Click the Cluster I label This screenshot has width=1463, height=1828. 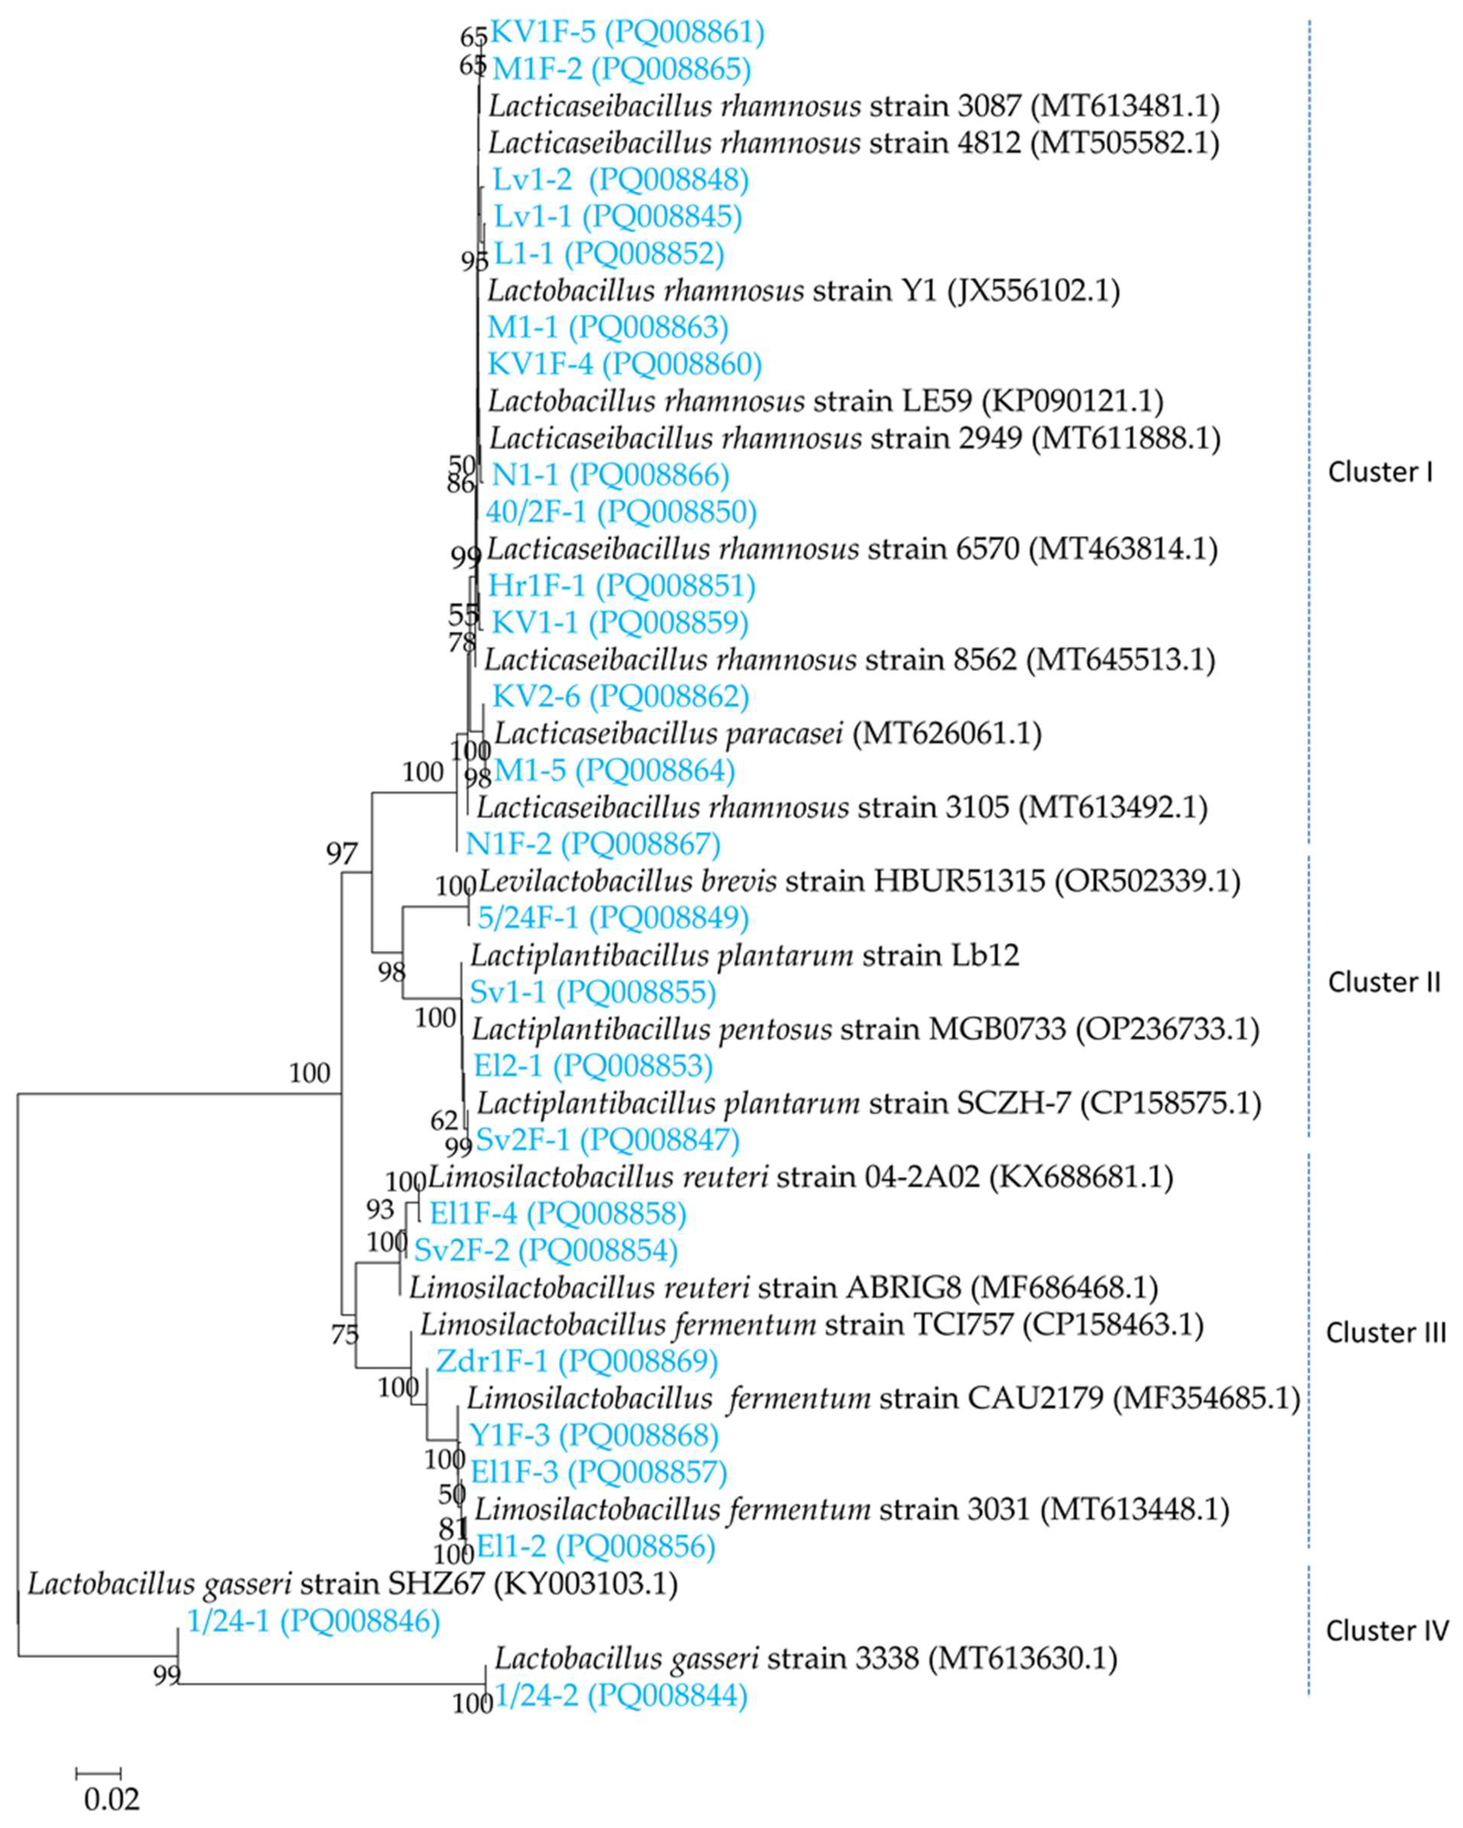1380,472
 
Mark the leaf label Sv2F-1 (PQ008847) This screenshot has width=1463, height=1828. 607,1139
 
